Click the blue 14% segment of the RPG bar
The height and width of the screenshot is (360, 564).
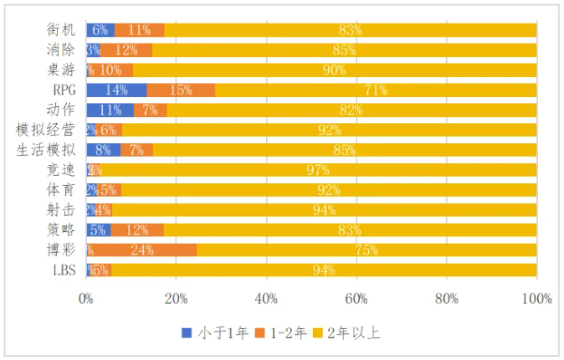click(x=116, y=90)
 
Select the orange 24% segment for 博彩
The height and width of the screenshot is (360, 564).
click(x=142, y=250)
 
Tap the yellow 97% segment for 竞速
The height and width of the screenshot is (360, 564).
click(x=318, y=170)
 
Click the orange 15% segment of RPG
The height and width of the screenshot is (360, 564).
click(x=181, y=90)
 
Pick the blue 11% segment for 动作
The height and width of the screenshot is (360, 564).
click(x=110, y=110)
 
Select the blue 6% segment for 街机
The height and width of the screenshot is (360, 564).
click(x=100, y=29)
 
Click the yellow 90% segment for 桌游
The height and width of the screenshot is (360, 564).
click(x=335, y=69)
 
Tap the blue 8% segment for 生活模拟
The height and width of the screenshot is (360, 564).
click(x=104, y=150)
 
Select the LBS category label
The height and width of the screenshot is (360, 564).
click(x=64, y=270)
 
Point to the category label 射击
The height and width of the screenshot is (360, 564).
click(x=61, y=210)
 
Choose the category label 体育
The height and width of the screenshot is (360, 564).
click(x=61, y=190)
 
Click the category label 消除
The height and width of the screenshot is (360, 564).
click(x=61, y=49)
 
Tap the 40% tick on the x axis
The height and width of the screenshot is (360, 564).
click(x=265, y=298)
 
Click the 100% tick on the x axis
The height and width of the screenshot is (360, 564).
click(x=536, y=298)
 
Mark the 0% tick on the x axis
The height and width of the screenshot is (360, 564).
click(x=86, y=298)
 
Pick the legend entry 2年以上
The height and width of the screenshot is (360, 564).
click(x=357, y=333)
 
